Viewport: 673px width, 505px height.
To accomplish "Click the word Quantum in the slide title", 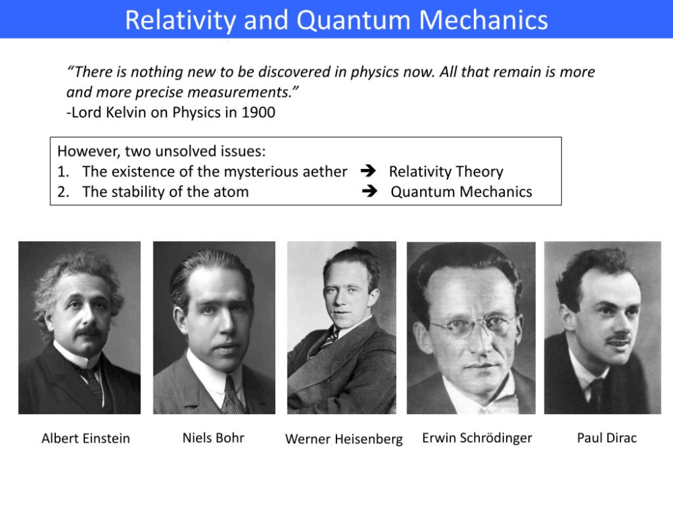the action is (x=353, y=20).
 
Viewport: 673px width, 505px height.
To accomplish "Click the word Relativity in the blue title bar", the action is (x=180, y=20).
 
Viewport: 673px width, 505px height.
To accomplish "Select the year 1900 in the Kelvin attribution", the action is (x=258, y=112).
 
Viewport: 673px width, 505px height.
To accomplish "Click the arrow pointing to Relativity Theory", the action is (x=368, y=171).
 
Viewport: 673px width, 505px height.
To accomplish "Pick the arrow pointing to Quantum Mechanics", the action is (x=369, y=191).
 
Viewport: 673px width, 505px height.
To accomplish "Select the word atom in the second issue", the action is (x=232, y=192).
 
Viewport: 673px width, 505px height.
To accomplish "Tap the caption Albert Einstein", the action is (x=86, y=438).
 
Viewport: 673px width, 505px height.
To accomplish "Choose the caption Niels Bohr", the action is (x=213, y=438).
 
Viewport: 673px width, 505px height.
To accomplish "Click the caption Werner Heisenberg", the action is (x=344, y=439).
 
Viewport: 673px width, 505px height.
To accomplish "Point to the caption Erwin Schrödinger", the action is (x=477, y=438).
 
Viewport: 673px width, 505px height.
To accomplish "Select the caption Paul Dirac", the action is (x=607, y=438).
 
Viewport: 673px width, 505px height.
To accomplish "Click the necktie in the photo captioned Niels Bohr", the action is (x=232, y=395).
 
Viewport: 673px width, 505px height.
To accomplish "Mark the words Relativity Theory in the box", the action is (x=446, y=172).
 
